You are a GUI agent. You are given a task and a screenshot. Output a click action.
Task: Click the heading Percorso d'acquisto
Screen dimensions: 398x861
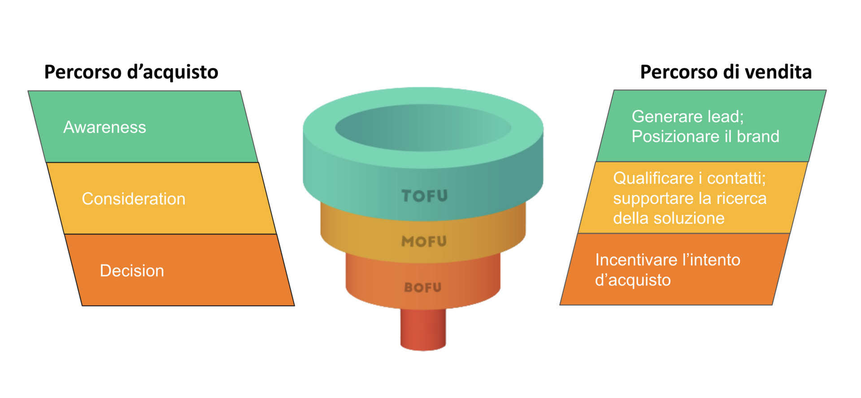tap(131, 72)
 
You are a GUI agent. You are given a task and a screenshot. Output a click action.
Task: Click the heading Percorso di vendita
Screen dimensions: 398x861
tap(726, 72)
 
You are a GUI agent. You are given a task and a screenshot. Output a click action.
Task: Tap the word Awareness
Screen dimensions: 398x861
tap(104, 127)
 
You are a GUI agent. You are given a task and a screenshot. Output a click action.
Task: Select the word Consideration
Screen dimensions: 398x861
tap(133, 199)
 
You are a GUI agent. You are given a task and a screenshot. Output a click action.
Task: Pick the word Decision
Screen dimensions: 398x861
tap(132, 271)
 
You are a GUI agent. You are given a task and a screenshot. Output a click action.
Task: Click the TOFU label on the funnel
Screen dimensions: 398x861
tap(424, 196)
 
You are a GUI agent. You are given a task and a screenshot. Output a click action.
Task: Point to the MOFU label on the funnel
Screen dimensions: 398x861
tap(424, 242)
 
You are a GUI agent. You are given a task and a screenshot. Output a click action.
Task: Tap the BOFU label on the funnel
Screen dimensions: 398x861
tap(423, 287)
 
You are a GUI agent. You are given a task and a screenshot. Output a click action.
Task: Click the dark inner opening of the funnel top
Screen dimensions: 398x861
tap(423, 128)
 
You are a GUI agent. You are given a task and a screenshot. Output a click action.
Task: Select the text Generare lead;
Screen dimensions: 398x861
tap(687, 117)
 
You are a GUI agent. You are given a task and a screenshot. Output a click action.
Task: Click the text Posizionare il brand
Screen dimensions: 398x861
tap(705, 136)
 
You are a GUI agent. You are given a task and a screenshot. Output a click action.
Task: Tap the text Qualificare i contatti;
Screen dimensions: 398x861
tap(689, 178)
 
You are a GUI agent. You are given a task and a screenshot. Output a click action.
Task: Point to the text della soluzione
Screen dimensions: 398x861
tap(669, 218)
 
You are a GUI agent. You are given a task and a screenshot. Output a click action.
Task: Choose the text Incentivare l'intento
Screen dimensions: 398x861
tap(667, 260)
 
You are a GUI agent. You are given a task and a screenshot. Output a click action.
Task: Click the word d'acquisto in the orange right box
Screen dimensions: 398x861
tap(633, 280)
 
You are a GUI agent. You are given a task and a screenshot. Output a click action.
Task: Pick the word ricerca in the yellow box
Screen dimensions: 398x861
tap(741, 198)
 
